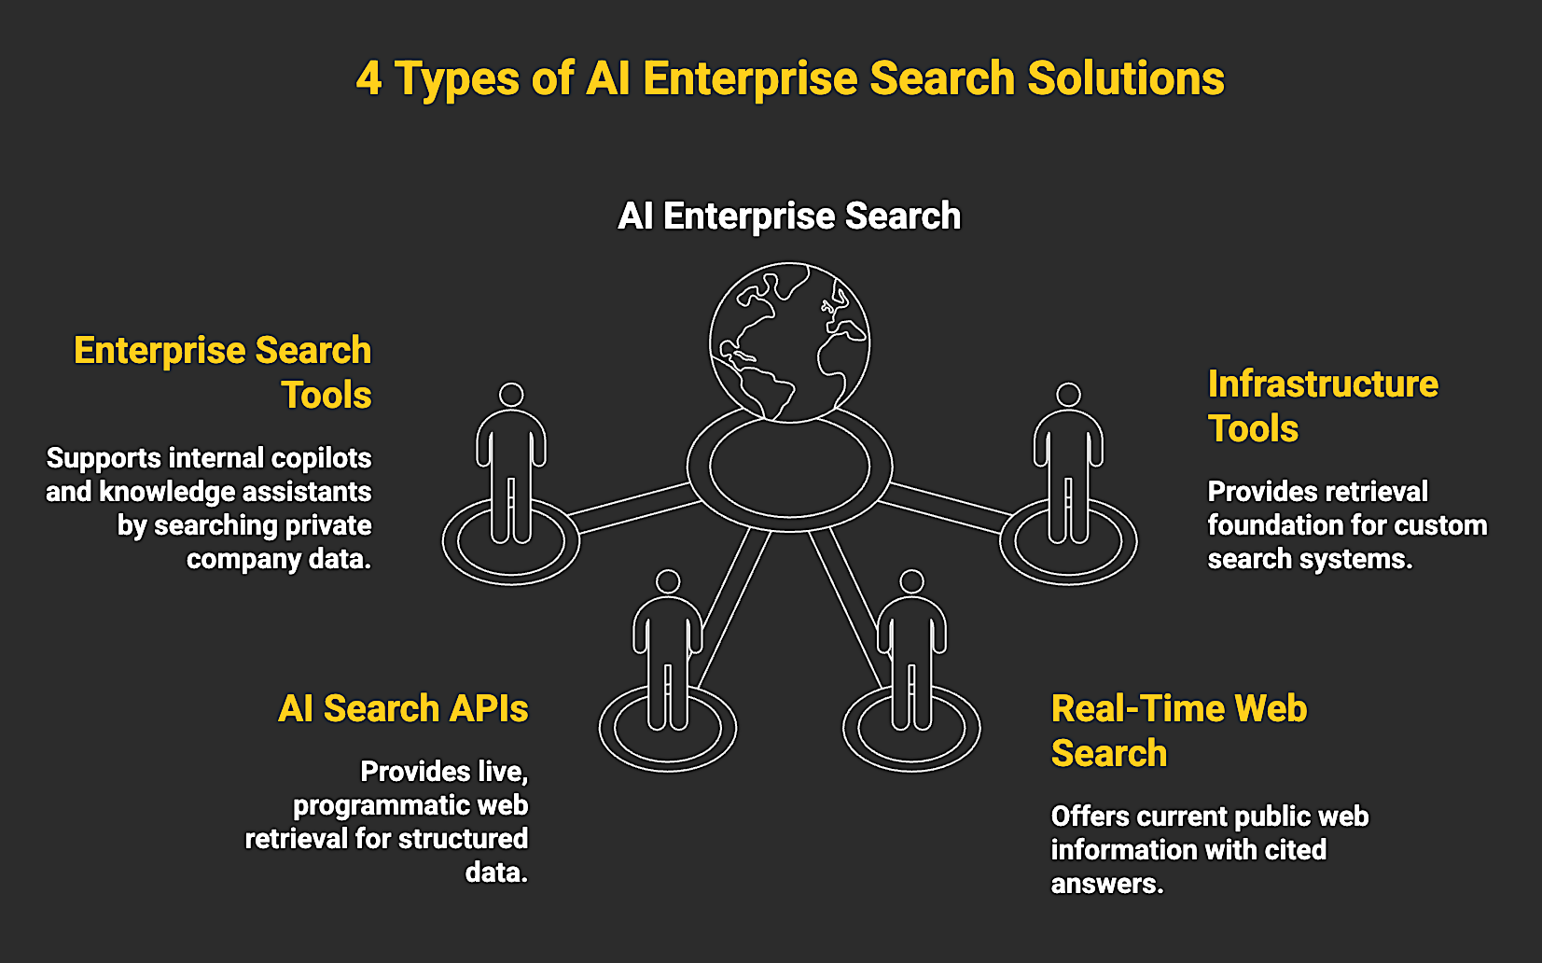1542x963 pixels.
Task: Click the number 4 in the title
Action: pyautogui.click(x=369, y=79)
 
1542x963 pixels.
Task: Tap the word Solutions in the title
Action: pyautogui.click(x=1125, y=79)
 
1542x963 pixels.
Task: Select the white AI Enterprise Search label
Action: pyautogui.click(x=789, y=216)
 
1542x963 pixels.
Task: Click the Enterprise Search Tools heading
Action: pyautogui.click(x=223, y=372)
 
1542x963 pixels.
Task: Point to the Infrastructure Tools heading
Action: pyautogui.click(x=1322, y=406)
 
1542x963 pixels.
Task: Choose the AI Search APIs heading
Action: pyautogui.click(x=403, y=709)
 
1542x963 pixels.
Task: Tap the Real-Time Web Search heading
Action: pyautogui.click(x=1178, y=731)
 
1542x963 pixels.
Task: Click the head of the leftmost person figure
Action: pyautogui.click(x=511, y=395)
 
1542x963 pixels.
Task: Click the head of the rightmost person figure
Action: pyautogui.click(x=1068, y=395)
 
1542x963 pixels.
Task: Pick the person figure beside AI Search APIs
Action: pyautogui.click(x=668, y=653)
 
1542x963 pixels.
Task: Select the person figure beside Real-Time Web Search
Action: pyautogui.click(x=911, y=653)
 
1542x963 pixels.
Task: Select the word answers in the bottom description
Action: pyautogui.click(x=1106, y=884)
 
